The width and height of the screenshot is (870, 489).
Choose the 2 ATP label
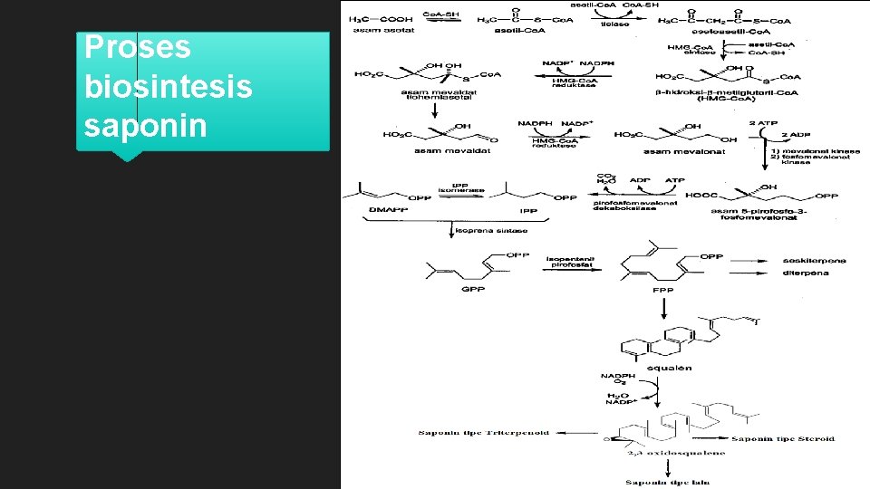pyautogui.click(x=764, y=122)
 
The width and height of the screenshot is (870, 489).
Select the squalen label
pyautogui.click(x=672, y=368)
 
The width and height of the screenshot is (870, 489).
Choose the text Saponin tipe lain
pyautogui.click(x=671, y=484)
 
